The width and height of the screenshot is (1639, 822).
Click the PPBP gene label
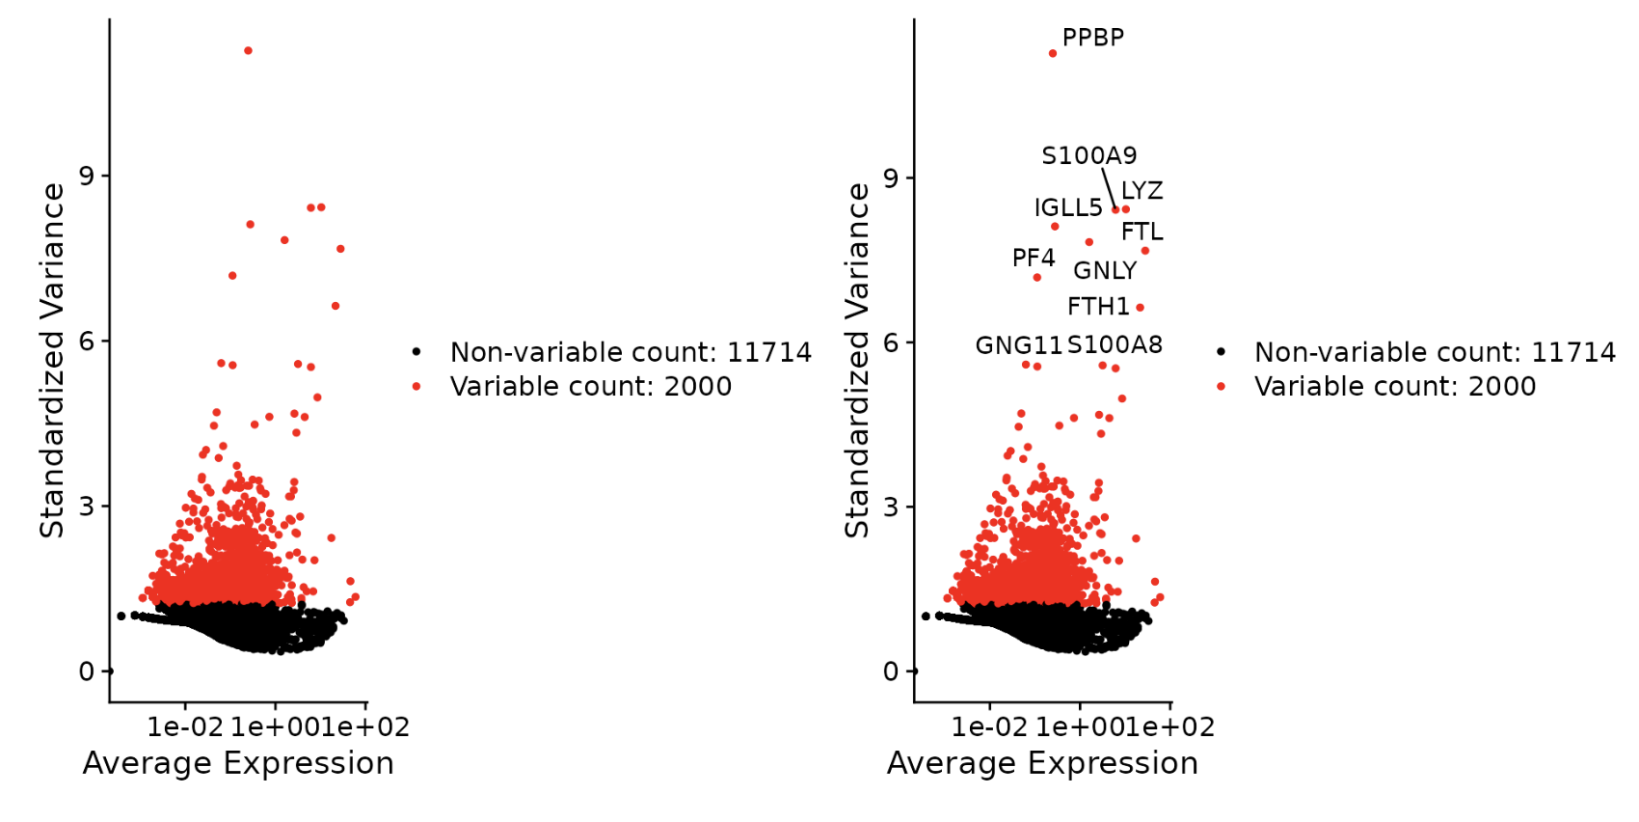pyautogui.click(x=1092, y=38)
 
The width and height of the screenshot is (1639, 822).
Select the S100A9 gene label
pyautogui.click(x=1088, y=155)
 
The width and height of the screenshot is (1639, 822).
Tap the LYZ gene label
pyautogui.click(x=1142, y=191)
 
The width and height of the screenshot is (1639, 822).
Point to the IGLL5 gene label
pyautogui.click(x=1067, y=207)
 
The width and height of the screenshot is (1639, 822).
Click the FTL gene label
pyautogui.click(x=1142, y=232)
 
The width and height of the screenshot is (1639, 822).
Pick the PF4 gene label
pyautogui.click(x=1033, y=258)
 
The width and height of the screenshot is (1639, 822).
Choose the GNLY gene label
pyautogui.click(x=1105, y=271)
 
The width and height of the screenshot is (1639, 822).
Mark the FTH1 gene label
pyautogui.click(x=1098, y=307)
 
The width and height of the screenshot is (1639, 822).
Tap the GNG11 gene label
pyautogui.click(x=1018, y=345)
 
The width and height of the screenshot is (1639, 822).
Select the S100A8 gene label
pyautogui.click(x=1115, y=345)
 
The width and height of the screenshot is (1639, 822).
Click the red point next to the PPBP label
pyautogui.click(x=1053, y=53)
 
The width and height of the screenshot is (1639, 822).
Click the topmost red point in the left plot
pyautogui.click(x=248, y=50)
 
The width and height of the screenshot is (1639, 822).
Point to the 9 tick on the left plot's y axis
pyautogui.click(x=87, y=176)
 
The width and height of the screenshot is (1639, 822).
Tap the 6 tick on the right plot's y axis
pyautogui.click(x=891, y=342)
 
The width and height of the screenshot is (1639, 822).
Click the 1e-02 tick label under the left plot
pyautogui.click(x=185, y=727)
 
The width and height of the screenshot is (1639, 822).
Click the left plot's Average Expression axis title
pyautogui.click(x=238, y=763)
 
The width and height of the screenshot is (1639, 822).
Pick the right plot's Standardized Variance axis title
pyautogui.click(x=857, y=361)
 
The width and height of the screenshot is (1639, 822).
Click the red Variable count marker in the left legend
pyautogui.click(x=416, y=387)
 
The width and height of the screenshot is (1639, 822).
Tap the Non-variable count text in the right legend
pyautogui.click(x=1435, y=352)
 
